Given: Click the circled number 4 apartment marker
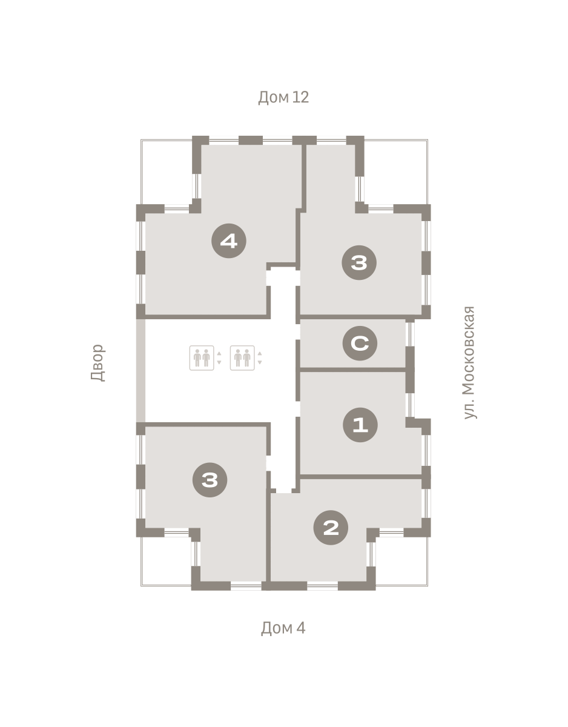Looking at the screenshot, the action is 229,241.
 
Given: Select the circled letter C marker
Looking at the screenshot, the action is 360,344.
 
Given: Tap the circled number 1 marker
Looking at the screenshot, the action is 360,425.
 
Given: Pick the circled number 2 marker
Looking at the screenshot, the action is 331,528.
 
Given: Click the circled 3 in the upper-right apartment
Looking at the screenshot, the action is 359,263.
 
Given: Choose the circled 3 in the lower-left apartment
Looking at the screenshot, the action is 210,480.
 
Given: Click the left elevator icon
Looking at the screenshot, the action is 202,358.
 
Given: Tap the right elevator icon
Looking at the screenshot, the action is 242,358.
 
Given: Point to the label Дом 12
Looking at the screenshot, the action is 283,98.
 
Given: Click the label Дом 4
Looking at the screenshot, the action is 283,628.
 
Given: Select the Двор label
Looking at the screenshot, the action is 98,363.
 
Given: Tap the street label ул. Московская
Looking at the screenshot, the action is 469,362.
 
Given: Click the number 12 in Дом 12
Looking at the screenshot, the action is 300,97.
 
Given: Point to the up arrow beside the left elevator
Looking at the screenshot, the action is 219,354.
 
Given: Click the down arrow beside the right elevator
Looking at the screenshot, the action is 260,362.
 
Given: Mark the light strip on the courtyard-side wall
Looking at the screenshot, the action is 140,370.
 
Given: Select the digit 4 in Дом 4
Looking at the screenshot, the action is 301,628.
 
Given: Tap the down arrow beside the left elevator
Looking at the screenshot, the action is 219,362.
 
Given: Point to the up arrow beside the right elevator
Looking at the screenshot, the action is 260,354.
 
